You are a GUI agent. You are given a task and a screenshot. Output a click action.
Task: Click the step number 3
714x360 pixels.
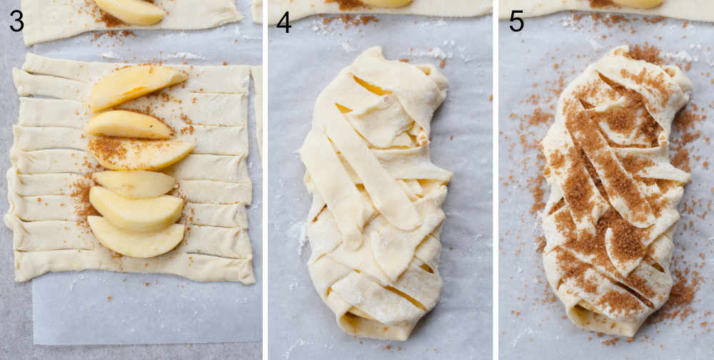click(16, 21)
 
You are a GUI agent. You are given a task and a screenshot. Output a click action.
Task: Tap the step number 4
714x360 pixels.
click(283, 22)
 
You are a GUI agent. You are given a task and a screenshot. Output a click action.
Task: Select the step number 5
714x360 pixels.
click(516, 21)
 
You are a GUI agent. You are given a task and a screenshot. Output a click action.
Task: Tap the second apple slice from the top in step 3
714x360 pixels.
click(129, 124)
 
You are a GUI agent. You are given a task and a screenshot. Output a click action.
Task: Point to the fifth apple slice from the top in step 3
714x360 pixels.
click(136, 209)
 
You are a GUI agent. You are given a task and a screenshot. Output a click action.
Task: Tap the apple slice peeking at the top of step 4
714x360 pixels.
click(386, 4)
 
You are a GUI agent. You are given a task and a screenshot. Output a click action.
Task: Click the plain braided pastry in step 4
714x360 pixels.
click(375, 193)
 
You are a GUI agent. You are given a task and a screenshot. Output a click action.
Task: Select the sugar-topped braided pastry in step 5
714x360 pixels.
click(614, 189)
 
